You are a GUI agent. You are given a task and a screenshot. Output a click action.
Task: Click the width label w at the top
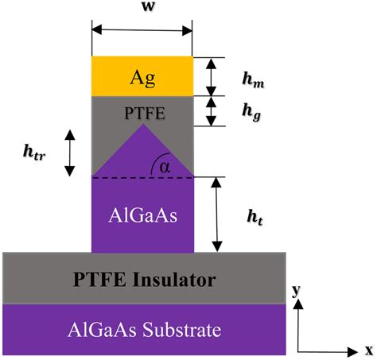142,11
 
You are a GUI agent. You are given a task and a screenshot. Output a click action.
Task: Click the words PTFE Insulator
144,279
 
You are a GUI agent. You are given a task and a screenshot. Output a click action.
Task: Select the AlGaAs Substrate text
143,328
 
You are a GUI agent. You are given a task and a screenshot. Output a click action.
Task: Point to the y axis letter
296,292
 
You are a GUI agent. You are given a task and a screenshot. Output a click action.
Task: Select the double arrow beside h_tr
70,152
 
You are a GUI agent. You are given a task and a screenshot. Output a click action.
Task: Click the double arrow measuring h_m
212,76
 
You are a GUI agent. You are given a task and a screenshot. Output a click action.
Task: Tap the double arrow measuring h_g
212,111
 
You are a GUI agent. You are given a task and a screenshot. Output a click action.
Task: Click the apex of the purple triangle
142,133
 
